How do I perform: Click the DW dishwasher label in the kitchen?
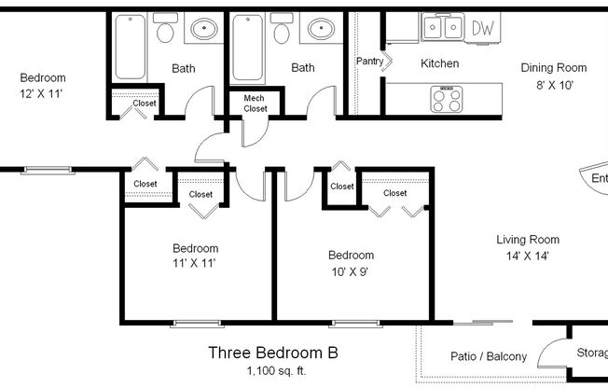point(482,29)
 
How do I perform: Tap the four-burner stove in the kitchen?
point(446,97)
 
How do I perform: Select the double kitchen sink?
point(441,29)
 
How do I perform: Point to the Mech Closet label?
point(256,104)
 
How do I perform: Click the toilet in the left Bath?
point(166,32)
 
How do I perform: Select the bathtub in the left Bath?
point(126,47)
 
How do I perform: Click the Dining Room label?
point(553,67)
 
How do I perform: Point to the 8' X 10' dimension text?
point(553,85)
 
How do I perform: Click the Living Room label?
point(527,240)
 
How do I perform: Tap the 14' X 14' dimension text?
point(527,256)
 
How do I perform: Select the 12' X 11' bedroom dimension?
point(43,93)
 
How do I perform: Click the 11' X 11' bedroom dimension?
point(195,263)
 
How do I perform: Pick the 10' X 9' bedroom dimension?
point(351,270)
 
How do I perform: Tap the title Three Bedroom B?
point(271,353)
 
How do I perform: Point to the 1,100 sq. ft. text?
point(271,372)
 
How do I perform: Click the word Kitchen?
point(439,64)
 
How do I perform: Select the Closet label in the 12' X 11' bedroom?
point(145,104)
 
